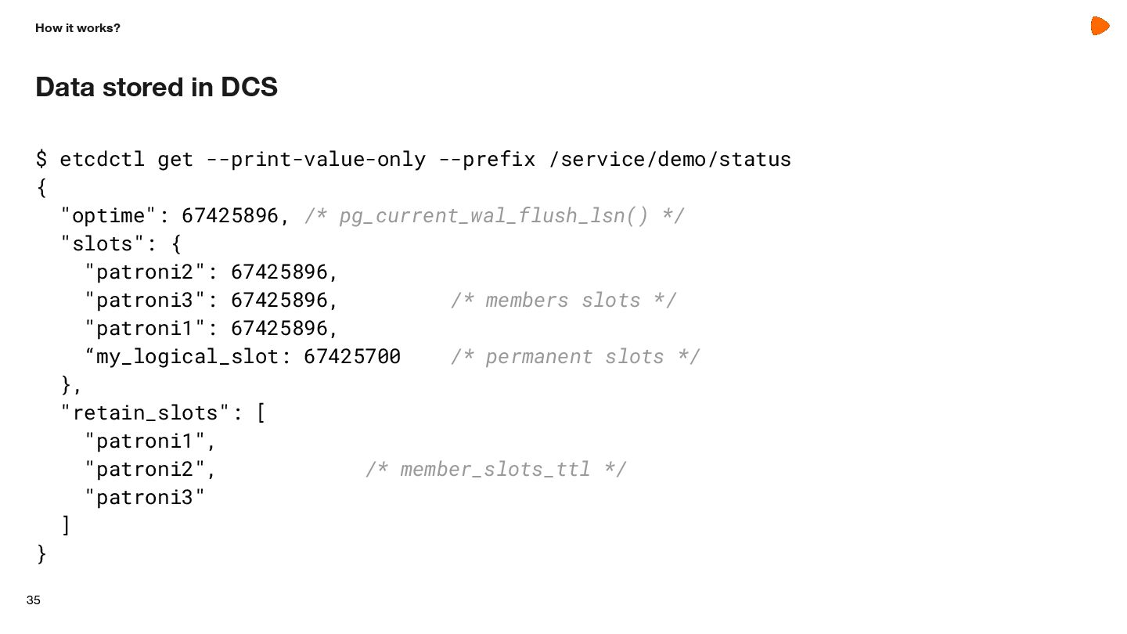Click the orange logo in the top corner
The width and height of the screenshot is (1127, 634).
1100,26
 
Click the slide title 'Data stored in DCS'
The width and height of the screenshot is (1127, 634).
157,87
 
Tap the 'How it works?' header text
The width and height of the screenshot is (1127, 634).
77,28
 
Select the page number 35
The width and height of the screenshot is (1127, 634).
33,600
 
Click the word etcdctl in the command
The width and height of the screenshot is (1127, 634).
102,160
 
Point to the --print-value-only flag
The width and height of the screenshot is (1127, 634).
316,160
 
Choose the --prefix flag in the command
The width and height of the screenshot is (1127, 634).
487,160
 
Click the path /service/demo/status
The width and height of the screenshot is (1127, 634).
670,160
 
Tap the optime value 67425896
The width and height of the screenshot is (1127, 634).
230,215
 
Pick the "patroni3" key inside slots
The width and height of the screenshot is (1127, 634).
145,301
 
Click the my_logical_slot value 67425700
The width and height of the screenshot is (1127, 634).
352,357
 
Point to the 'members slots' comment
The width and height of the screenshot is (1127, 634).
563,301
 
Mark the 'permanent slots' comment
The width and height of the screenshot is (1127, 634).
575,357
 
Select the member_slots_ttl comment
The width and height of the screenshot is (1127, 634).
496,470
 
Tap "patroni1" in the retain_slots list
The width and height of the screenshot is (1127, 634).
145,441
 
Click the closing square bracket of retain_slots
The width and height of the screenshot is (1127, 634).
66,525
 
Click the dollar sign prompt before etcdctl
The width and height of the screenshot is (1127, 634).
41,160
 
